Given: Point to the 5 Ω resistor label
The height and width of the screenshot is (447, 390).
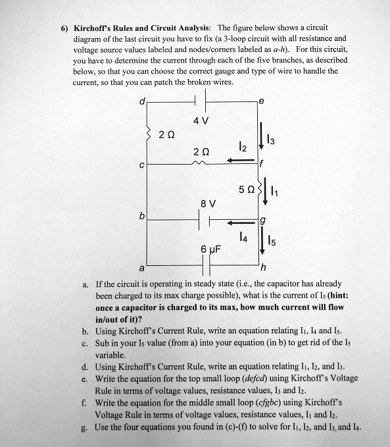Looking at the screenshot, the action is pos(245,189).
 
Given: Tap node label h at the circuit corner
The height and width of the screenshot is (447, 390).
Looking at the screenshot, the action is pos(263,267).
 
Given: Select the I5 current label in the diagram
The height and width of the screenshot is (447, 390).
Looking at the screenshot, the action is pos(276,240).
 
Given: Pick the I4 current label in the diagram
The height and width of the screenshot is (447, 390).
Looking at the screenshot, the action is pos(245,235).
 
